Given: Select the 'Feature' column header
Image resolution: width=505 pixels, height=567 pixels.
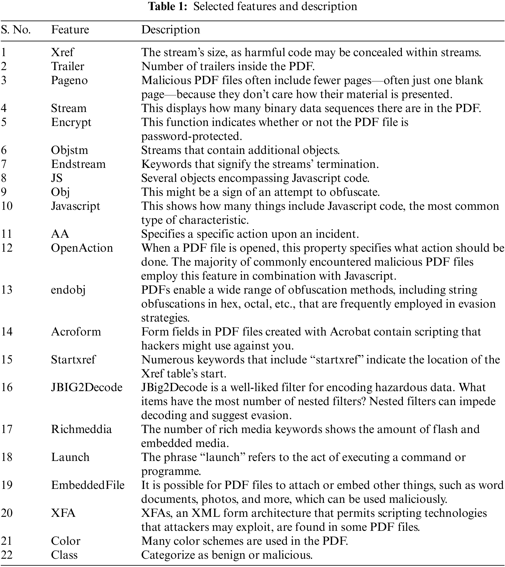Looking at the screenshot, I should [x=70, y=30].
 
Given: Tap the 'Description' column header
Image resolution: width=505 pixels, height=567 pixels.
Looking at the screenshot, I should [x=170, y=30].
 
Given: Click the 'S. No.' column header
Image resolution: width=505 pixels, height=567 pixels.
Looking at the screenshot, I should [x=16, y=30].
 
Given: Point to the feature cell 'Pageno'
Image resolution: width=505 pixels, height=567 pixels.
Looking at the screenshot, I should [x=69, y=80].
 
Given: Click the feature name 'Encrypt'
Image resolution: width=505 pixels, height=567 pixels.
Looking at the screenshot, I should [x=71, y=122].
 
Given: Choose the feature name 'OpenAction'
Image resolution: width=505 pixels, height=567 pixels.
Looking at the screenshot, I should [x=82, y=248].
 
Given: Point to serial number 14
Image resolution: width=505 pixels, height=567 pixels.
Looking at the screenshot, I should [x=7, y=332].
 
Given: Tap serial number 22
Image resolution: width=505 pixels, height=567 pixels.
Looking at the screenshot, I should [x=7, y=555].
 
